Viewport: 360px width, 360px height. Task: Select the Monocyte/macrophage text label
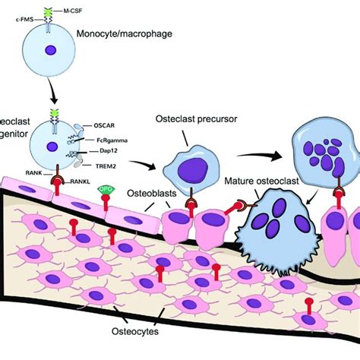tap(130, 34)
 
